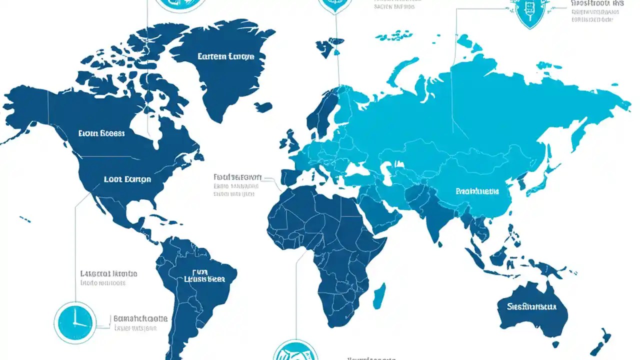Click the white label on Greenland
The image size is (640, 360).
226,56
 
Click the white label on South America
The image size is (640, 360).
203,278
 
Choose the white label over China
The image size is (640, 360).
477,191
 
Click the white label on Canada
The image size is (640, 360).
102,133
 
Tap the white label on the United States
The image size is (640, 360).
127,179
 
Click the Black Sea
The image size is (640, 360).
356,168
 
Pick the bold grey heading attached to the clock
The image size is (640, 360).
141,318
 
